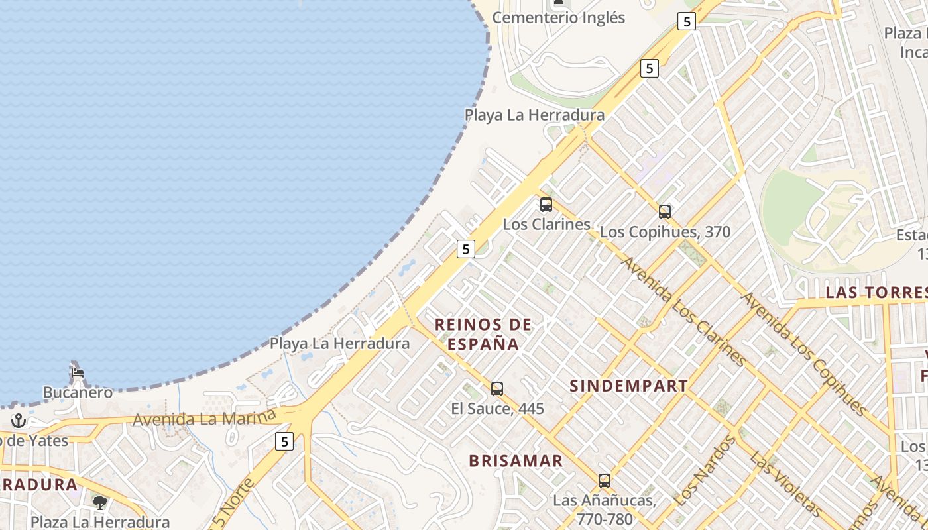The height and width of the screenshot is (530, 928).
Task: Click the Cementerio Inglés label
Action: (x=558, y=18)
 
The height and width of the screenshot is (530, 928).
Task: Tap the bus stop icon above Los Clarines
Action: (x=546, y=205)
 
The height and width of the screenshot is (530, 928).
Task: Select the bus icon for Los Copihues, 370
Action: (x=665, y=212)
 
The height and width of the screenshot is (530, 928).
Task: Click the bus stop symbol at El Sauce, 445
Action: (x=497, y=389)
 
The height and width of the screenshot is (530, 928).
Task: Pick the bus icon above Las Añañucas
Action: (x=605, y=481)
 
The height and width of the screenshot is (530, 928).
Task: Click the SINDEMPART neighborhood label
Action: (x=628, y=386)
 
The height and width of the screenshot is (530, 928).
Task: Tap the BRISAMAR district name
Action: (x=516, y=461)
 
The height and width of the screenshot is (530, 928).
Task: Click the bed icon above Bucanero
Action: (x=78, y=372)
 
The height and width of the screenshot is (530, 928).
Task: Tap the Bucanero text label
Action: (x=78, y=392)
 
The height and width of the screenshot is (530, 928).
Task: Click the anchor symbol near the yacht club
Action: (x=18, y=421)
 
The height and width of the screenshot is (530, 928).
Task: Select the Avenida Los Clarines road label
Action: (x=683, y=310)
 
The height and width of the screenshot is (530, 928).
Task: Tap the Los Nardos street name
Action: (x=704, y=469)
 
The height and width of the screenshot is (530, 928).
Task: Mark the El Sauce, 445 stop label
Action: (x=497, y=409)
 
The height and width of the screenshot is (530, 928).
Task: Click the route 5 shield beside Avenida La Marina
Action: (x=284, y=441)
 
